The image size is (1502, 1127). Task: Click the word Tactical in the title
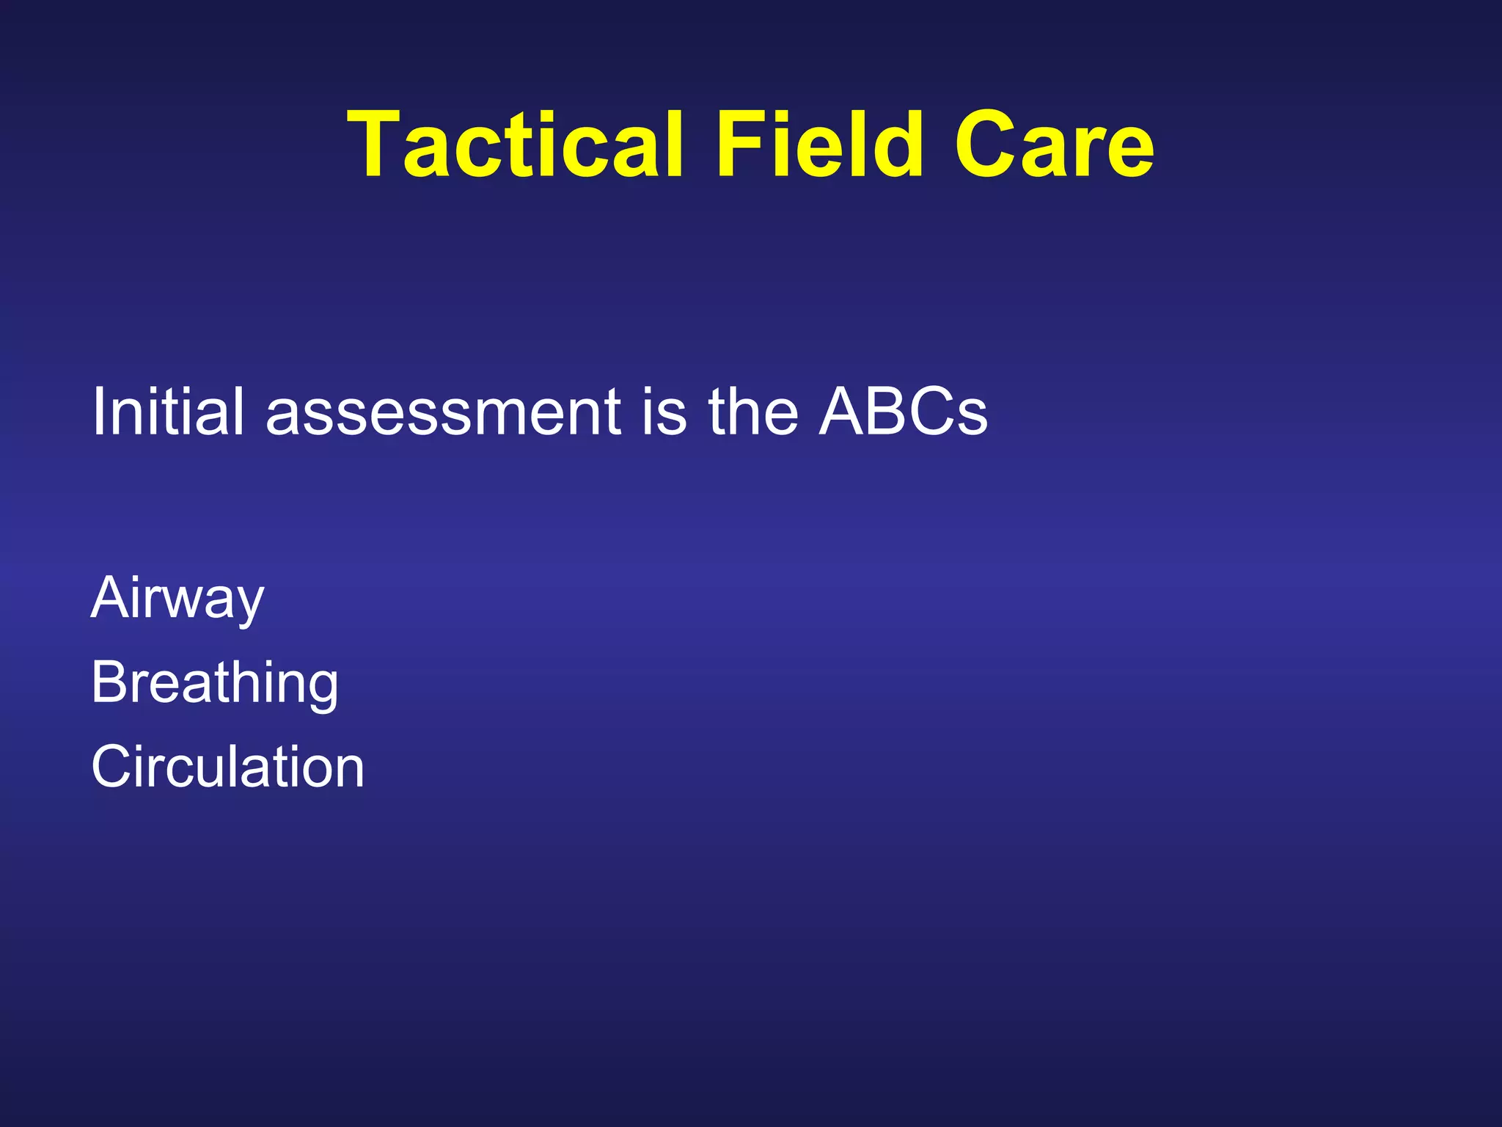point(516,145)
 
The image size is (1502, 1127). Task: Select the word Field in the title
point(819,145)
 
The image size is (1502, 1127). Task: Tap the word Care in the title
point(1054,145)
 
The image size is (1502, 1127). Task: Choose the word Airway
point(177,598)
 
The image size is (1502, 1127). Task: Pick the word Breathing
point(215,682)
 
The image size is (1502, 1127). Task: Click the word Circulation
point(227,767)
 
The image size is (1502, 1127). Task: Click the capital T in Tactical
point(375,145)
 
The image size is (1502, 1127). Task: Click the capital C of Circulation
point(112,767)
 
